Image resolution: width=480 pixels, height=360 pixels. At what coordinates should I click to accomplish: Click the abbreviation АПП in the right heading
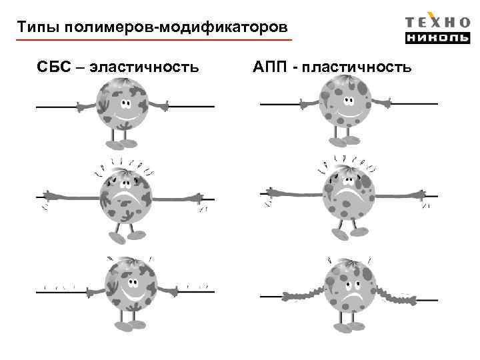(271, 67)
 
